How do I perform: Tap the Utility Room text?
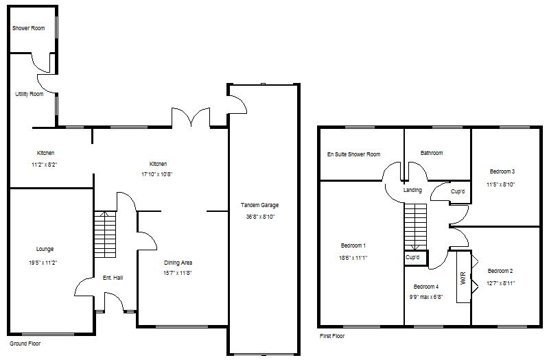tap(30, 94)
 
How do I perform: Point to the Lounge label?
tap(45, 249)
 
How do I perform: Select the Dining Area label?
tap(178, 263)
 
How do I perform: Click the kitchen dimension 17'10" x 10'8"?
tap(159, 175)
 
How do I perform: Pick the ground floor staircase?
tap(103, 233)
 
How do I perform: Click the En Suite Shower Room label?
tap(353, 154)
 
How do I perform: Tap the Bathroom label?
tap(432, 153)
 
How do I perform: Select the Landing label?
tap(412, 190)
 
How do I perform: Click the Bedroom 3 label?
tap(502, 171)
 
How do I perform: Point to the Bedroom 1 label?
tap(353, 245)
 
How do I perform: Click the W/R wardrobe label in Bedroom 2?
tap(463, 280)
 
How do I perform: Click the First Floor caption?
tap(332, 336)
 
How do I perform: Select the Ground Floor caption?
tap(25, 342)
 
